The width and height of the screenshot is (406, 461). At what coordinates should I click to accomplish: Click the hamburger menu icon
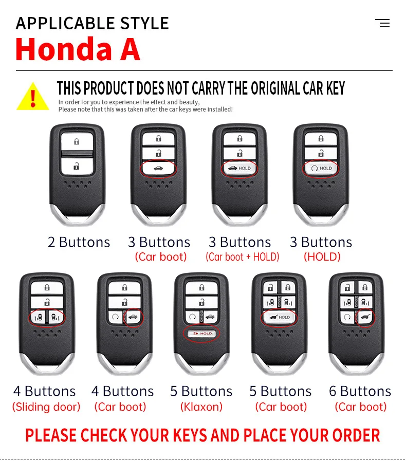(x=382, y=23)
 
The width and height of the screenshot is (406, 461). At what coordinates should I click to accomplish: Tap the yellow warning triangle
(x=32, y=97)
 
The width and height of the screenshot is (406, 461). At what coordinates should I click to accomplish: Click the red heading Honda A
(x=78, y=49)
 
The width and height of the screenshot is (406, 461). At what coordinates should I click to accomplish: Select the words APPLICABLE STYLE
(x=93, y=23)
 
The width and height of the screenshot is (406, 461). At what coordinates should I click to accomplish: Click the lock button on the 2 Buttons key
(x=77, y=142)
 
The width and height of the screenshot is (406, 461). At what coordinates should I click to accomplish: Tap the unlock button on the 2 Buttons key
(x=77, y=166)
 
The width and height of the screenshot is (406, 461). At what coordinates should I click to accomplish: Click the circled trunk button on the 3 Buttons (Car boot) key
(x=158, y=168)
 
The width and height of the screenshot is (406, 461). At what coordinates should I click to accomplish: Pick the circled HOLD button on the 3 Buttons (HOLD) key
(x=321, y=168)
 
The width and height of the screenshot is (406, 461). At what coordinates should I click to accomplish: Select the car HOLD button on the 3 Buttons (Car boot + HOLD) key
(x=239, y=168)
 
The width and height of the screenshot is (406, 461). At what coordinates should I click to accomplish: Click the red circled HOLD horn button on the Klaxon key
(x=201, y=334)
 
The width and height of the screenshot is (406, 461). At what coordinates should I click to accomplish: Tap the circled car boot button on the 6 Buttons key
(x=365, y=317)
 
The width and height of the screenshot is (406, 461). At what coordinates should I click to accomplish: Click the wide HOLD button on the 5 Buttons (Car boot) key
(x=280, y=317)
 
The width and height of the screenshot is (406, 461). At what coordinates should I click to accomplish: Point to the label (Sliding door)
(x=46, y=407)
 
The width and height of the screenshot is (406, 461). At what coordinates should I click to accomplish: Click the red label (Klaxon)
(x=201, y=407)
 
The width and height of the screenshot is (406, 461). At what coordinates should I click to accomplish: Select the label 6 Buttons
(x=360, y=391)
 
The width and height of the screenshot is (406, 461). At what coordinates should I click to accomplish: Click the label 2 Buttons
(x=79, y=242)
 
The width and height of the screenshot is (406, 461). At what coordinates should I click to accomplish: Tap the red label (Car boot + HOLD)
(x=242, y=257)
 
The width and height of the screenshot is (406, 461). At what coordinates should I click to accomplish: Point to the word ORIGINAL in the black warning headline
(x=275, y=88)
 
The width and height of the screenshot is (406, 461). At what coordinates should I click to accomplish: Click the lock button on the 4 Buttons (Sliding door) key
(x=47, y=288)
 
